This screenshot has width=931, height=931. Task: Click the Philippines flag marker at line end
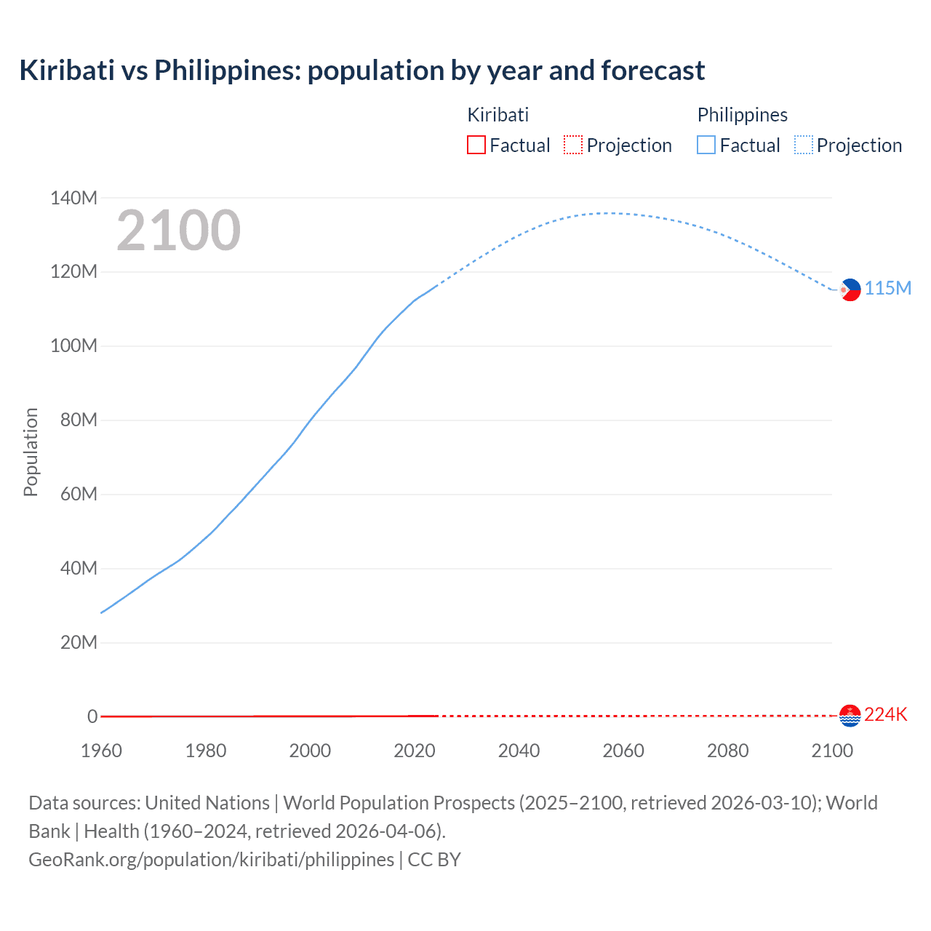point(850,289)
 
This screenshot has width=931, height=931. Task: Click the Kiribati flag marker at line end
point(850,716)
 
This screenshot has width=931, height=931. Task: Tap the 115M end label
point(888,289)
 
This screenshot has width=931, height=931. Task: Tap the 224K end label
point(886,715)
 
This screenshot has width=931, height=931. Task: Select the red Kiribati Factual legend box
point(476,145)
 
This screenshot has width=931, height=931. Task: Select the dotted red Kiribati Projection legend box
point(573,145)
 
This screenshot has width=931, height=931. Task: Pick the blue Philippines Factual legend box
point(706,145)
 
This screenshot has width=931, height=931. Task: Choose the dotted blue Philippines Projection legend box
point(803,145)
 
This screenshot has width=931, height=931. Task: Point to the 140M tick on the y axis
point(73,198)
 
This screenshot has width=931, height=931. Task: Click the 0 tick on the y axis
point(92,716)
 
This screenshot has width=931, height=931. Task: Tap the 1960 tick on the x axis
point(101,751)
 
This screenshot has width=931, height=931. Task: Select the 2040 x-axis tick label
point(519,751)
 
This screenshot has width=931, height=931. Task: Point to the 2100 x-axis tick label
point(831,751)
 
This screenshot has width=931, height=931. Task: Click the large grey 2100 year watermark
point(178,231)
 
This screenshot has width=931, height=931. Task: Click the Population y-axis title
point(31,452)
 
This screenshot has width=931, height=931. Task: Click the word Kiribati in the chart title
point(67,71)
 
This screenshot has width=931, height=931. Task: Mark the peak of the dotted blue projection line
point(610,213)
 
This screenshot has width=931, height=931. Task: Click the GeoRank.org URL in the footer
point(211,860)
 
